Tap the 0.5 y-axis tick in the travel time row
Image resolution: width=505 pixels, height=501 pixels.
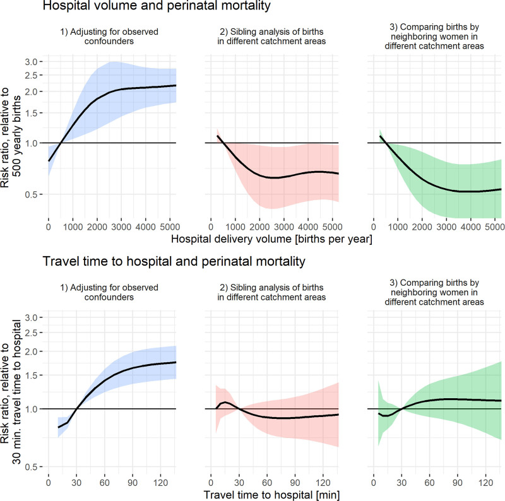click(32, 467)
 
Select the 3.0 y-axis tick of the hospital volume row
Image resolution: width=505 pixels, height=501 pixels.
click(32, 62)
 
